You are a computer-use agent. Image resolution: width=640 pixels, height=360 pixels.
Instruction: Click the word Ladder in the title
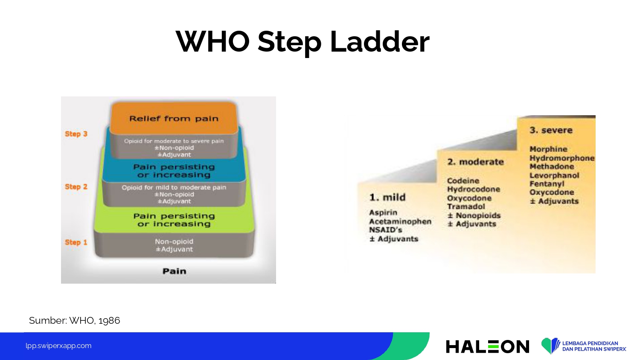click(380, 42)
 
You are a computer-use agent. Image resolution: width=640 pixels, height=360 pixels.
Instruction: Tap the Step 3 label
click(76, 134)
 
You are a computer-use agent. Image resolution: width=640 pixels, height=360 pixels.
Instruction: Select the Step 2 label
click(76, 186)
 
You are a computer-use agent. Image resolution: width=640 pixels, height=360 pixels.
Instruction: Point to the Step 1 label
click(76, 242)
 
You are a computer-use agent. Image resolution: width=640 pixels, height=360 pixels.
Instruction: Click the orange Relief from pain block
click(174, 118)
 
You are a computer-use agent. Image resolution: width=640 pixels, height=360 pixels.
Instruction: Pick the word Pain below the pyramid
click(174, 271)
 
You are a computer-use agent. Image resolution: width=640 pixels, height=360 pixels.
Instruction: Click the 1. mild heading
click(387, 197)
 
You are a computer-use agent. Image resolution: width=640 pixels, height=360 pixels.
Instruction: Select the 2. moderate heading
click(475, 162)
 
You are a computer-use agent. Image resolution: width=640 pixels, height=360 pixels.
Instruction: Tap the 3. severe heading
click(551, 130)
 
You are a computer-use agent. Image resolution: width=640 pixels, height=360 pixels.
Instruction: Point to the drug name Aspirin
click(383, 212)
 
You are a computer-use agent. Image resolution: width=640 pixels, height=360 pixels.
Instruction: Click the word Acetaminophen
click(400, 221)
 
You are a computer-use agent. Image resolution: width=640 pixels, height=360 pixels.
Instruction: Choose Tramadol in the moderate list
click(466, 206)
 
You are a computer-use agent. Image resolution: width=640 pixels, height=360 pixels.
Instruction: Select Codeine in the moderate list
click(463, 180)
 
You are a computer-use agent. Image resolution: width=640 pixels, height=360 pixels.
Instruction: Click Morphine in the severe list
click(548, 149)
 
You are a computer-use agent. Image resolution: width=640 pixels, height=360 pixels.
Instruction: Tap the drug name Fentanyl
click(547, 184)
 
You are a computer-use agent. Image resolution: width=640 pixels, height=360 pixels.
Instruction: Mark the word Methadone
click(552, 166)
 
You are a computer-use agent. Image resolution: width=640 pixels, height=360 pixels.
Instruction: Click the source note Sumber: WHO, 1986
click(74, 320)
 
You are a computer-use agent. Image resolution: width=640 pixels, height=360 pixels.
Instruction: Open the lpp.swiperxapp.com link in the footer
click(58, 346)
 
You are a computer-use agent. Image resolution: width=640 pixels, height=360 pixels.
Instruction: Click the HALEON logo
click(487, 347)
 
